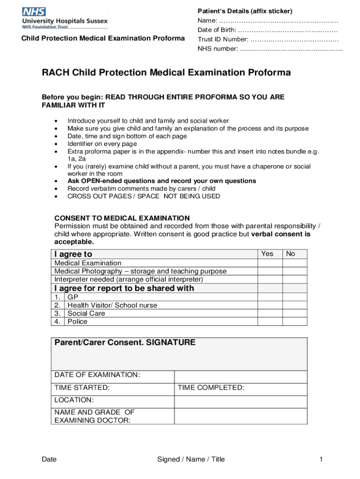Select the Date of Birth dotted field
(x=288, y=30)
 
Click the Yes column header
(x=267, y=254)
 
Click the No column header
(x=290, y=254)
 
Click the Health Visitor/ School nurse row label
(x=112, y=305)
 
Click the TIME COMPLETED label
(x=211, y=388)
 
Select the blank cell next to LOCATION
(x=240, y=401)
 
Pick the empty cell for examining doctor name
(x=240, y=416)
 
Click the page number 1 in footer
(x=321, y=459)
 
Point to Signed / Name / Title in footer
(x=191, y=459)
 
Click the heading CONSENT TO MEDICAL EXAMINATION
(x=122, y=218)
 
